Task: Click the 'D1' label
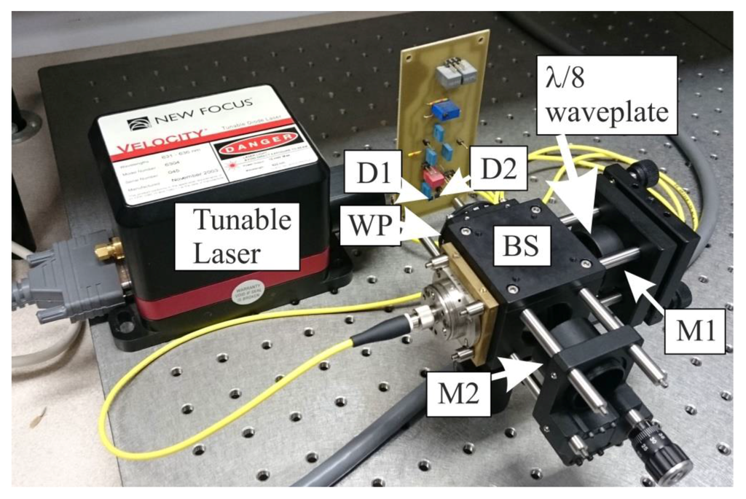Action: (x=372, y=173)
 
